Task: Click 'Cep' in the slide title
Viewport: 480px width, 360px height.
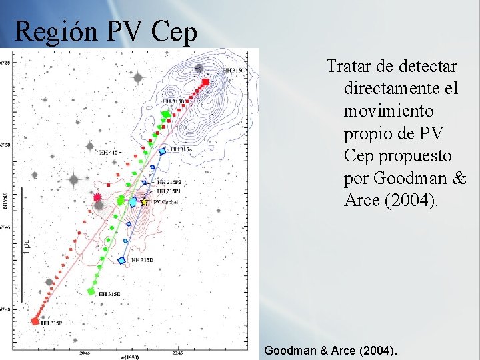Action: pyautogui.click(x=174, y=31)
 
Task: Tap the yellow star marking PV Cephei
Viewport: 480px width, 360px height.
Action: pyautogui.click(x=145, y=201)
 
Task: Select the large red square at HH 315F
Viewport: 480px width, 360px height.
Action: pyautogui.click(x=35, y=321)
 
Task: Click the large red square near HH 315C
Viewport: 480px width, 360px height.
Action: pyautogui.click(x=205, y=82)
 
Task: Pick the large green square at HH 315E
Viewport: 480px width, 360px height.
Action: pyautogui.click(x=91, y=291)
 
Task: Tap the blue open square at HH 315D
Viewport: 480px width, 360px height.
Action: pyautogui.click(x=121, y=261)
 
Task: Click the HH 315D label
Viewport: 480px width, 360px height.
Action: pyautogui.click(x=143, y=259)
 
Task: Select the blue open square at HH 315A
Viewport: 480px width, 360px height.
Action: pyautogui.click(x=162, y=151)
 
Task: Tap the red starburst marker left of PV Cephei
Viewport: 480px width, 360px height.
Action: pyautogui.click(x=97, y=197)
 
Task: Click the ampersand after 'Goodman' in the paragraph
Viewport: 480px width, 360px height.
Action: pyautogui.click(x=459, y=178)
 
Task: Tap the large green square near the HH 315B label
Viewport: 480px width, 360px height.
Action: pyautogui.click(x=165, y=115)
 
